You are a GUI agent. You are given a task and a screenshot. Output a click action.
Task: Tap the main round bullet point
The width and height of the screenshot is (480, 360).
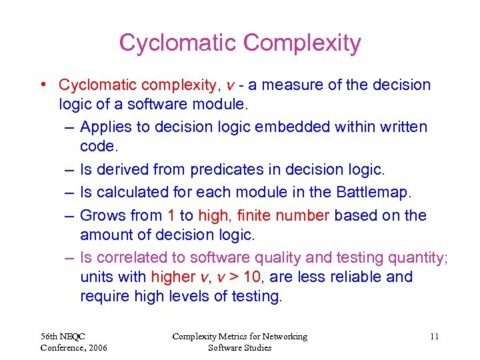pyautogui.click(x=43, y=85)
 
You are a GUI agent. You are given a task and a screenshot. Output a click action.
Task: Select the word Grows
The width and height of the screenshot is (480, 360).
pyautogui.click(x=103, y=215)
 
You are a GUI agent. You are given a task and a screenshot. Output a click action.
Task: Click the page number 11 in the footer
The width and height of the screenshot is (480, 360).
pyautogui.click(x=434, y=337)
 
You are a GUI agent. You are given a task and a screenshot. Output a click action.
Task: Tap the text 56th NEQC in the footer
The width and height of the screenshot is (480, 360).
pyautogui.click(x=63, y=337)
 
